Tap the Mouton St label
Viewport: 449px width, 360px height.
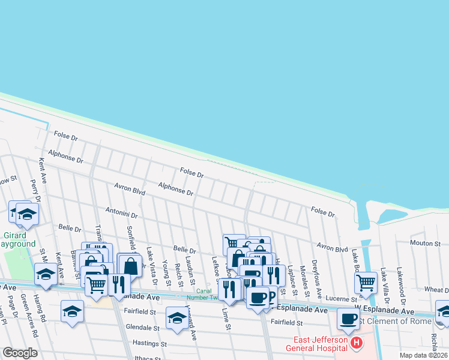click(426, 243)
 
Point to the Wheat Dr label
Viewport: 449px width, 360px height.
click(436, 289)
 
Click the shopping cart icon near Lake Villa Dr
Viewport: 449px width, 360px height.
click(366, 282)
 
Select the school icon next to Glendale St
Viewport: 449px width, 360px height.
click(177, 318)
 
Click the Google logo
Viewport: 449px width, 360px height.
click(20, 353)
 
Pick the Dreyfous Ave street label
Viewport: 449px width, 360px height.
click(319, 281)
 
